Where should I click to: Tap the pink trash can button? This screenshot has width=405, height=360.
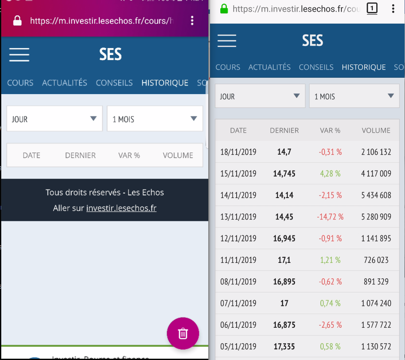183,333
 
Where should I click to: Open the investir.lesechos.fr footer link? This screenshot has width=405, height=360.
121,208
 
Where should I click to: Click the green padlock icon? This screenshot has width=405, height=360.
224,9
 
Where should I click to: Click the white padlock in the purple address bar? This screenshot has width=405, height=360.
18,21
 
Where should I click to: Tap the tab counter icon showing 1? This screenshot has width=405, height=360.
372,9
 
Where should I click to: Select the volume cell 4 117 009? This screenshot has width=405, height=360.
376,174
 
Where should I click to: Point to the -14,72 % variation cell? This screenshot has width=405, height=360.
330,217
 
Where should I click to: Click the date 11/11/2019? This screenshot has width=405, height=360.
238,260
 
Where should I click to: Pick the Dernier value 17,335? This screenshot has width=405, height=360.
284,346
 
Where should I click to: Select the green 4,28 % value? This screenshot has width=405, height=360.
330,174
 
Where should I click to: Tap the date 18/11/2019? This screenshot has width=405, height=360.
238,152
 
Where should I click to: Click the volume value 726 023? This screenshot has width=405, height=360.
376,260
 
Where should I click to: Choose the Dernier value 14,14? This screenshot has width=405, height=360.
284,195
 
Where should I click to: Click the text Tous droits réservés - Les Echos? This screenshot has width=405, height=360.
105,192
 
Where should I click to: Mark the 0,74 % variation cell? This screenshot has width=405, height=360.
330,303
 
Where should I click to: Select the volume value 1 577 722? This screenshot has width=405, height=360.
376,325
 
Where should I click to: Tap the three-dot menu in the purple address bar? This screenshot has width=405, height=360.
192,21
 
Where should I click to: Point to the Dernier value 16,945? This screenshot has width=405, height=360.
284,238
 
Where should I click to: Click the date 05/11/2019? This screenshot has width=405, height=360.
238,346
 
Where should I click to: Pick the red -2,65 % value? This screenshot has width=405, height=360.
330,325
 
